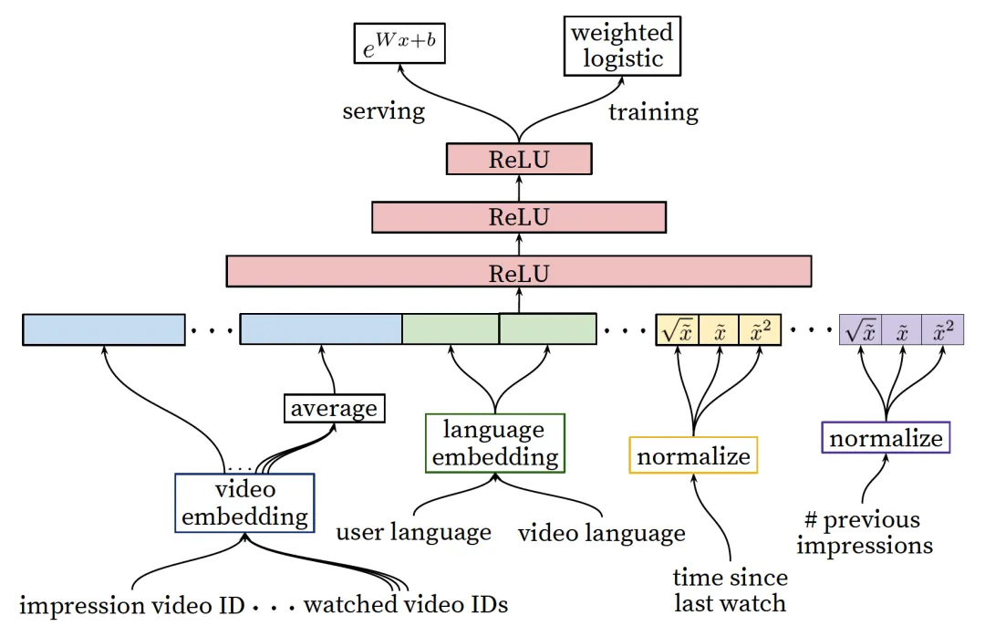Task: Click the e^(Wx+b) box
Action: (399, 44)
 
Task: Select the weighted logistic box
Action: (622, 46)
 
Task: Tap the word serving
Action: (383, 111)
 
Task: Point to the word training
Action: (653, 112)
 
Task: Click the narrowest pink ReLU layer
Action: (519, 159)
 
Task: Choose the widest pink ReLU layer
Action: (519, 272)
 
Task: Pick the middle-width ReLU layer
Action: (519, 217)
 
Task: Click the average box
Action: (334, 409)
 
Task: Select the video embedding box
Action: (244, 503)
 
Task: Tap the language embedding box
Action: (495, 443)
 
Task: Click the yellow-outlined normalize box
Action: (693, 455)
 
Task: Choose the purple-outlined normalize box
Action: (886, 437)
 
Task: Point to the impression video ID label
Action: (132, 605)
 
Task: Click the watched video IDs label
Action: (406, 605)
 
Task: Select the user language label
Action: (413, 532)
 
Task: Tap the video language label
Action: (602, 533)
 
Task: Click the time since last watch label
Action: (730, 590)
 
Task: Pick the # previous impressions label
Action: (865, 532)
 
